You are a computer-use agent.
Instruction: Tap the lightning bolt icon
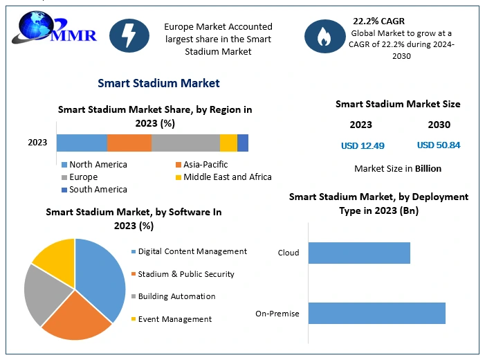(x=129, y=35)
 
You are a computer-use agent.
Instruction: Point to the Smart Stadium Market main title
(x=158, y=83)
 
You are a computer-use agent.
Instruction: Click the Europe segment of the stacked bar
(x=185, y=143)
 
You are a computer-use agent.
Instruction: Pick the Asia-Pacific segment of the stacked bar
(x=129, y=143)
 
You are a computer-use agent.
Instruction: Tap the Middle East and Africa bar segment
(x=228, y=143)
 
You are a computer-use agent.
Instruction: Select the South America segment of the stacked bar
(x=243, y=143)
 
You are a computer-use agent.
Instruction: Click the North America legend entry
(x=94, y=165)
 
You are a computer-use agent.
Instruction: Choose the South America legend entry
(x=94, y=190)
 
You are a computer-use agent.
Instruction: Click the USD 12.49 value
(x=363, y=145)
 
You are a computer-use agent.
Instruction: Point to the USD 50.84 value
(x=439, y=145)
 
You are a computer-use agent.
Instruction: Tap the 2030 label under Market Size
(x=439, y=125)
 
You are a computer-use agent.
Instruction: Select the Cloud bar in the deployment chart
(x=359, y=253)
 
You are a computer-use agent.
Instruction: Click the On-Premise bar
(x=376, y=313)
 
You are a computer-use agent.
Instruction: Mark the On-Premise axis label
(x=277, y=314)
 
